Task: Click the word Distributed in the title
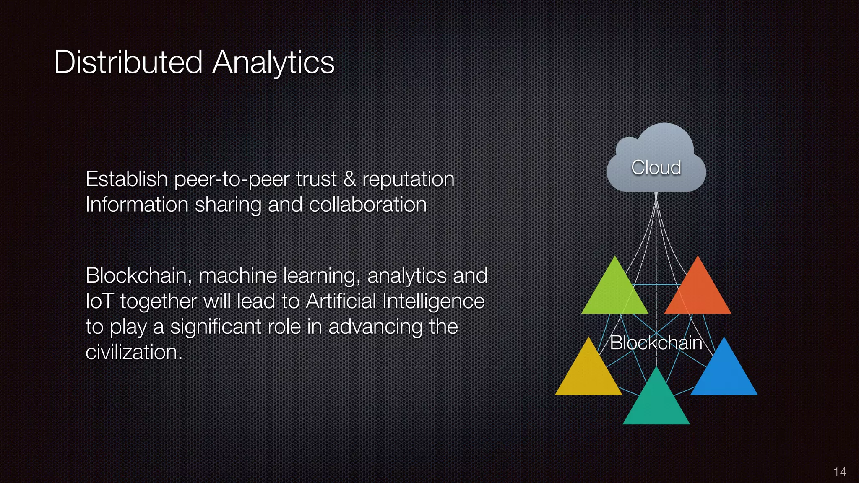[128, 62]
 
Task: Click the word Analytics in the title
[273, 62]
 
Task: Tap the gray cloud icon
[656, 159]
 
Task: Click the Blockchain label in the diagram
[656, 343]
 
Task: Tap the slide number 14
[840, 472]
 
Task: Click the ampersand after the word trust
[349, 179]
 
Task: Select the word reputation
[408, 180]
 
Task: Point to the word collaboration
[367, 205]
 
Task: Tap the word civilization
[133, 352]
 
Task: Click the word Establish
[126, 179]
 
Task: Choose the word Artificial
[341, 301]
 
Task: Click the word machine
[237, 276]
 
